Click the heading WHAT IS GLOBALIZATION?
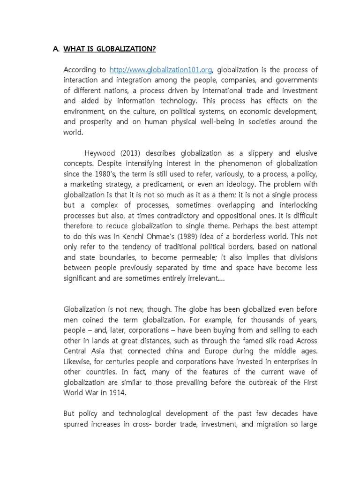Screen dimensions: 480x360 point(110,49)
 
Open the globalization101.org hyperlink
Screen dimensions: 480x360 point(161,70)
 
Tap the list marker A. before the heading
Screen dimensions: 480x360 point(56,49)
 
